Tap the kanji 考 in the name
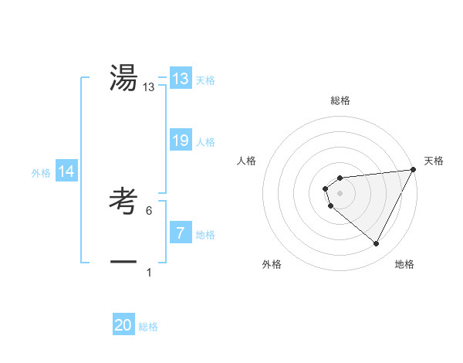[x=123, y=201]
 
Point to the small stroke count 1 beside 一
[x=149, y=273]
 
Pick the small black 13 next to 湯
[x=149, y=88]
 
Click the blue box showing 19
[x=181, y=141]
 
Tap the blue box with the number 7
[x=181, y=233]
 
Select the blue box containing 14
[x=66, y=172]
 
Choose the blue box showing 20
[x=123, y=325]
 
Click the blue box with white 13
[x=181, y=79]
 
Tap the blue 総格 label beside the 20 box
[x=148, y=327]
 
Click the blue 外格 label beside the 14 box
[x=41, y=173]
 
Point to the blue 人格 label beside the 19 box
[x=205, y=142]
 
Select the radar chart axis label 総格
[x=340, y=100]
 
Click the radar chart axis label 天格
[x=434, y=161]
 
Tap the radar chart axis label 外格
[x=272, y=264]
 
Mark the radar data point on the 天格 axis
[x=413, y=170]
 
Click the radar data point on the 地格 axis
[x=377, y=244]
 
